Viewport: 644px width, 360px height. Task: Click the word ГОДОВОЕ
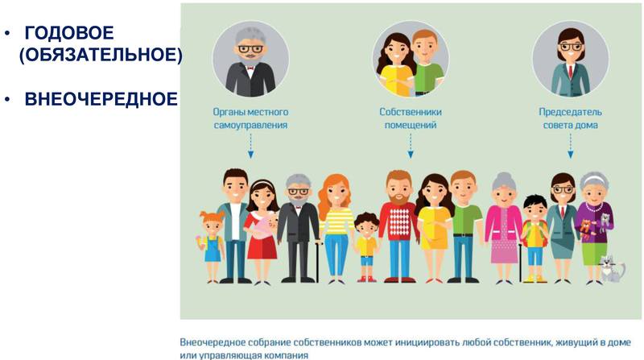pyautogui.click(x=69, y=33)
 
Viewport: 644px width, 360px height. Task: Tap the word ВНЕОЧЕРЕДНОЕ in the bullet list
pyautogui.click(x=101, y=99)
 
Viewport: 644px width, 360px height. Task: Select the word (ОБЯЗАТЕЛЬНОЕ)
pyautogui.click(x=101, y=55)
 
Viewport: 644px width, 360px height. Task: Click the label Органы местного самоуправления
pyautogui.click(x=250, y=118)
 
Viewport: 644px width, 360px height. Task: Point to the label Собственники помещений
pyautogui.click(x=411, y=118)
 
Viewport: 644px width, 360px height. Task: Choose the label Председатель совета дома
pyautogui.click(x=570, y=118)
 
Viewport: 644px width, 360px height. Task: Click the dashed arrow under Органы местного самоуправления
pyautogui.click(x=250, y=146)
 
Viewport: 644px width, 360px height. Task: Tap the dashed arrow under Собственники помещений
pyautogui.click(x=411, y=146)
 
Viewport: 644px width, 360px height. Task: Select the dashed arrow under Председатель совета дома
pyautogui.click(x=570, y=146)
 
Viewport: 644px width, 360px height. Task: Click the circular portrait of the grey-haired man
pyautogui.click(x=250, y=59)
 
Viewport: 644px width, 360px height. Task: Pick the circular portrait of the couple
pyautogui.click(x=411, y=59)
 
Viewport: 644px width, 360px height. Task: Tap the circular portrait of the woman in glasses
pyautogui.click(x=571, y=59)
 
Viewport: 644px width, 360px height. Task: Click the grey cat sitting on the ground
pyautogui.click(x=612, y=269)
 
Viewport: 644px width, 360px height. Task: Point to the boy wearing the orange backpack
pyautogui.click(x=535, y=239)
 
